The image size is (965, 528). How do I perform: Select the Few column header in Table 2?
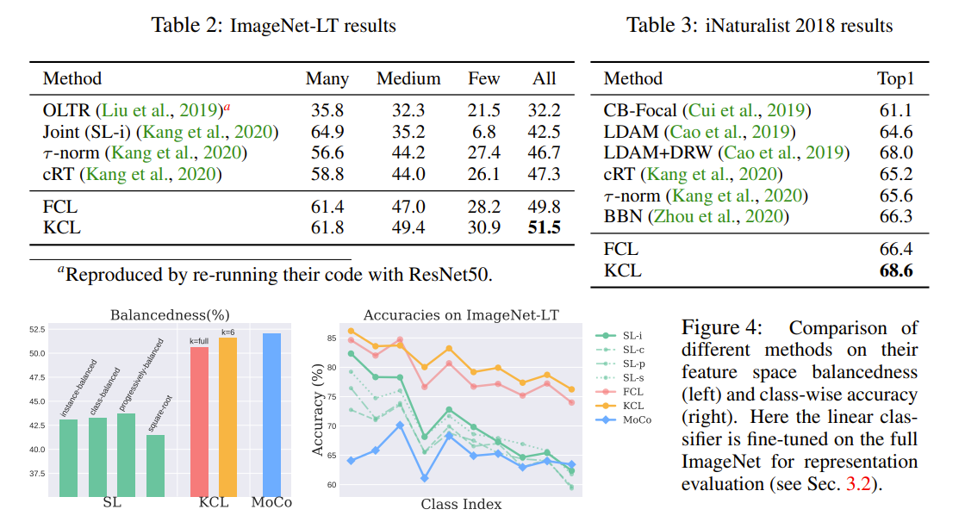point(483,78)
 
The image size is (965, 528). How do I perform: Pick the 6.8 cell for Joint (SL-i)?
point(483,132)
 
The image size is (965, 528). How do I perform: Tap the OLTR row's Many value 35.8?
point(327,110)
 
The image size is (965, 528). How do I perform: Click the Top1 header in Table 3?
point(895,78)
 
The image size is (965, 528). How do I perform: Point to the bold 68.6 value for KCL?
point(895,270)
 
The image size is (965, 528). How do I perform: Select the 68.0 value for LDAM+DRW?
point(895,152)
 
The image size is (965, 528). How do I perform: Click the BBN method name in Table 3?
point(622,216)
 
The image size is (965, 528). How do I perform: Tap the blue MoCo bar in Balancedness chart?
point(271,414)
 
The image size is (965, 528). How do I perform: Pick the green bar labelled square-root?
point(156,465)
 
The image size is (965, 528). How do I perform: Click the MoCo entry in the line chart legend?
point(637,419)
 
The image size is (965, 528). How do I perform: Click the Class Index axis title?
point(461,503)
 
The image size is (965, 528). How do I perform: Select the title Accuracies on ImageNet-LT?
point(461,314)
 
